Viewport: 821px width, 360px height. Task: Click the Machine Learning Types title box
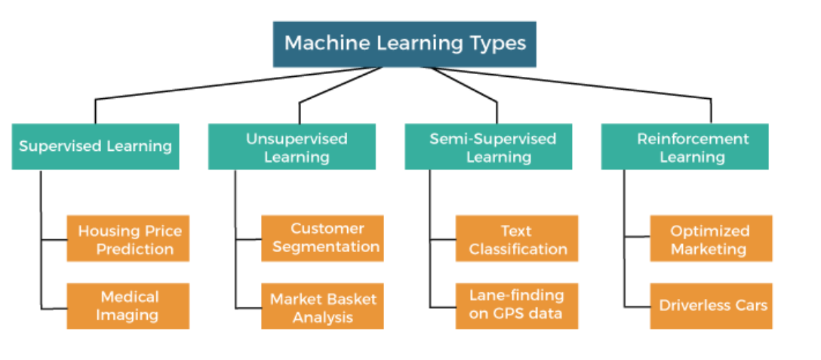click(x=404, y=44)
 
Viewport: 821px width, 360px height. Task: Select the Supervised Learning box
click(x=95, y=146)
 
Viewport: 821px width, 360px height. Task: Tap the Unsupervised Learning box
click(x=291, y=146)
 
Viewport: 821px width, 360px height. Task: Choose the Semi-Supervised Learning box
click(x=488, y=146)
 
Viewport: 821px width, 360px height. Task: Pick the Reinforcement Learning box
click(x=684, y=146)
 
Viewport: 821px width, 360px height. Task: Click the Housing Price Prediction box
click(x=128, y=238)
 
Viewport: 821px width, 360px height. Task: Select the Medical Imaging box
click(x=128, y=306)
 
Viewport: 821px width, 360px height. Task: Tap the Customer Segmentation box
click(x=322, y=238)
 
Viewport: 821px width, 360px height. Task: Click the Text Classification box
click(x=517, y=238)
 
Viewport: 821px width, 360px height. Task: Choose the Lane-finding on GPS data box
click(x=517, y=306)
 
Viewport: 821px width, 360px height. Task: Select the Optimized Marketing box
click(x=711, y=238)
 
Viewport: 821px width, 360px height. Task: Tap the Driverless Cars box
click(x=711, y=306)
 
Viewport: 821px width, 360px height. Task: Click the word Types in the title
click(x=495, y=43)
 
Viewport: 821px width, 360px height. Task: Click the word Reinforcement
click(x=693, y=138)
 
